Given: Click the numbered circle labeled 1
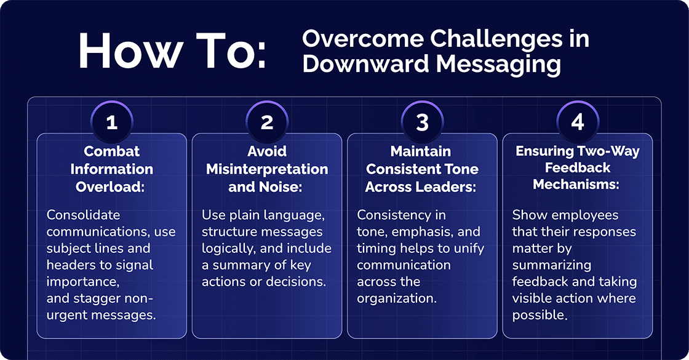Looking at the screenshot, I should [111, 122].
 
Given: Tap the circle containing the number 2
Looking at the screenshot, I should [267, 122].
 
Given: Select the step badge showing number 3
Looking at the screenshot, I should [422, 122].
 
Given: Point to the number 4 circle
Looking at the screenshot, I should [577, 122].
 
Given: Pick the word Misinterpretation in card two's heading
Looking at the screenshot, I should [267, 169].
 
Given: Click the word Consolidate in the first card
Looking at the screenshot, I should [84, 215].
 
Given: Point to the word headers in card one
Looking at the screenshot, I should [70, 265].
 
